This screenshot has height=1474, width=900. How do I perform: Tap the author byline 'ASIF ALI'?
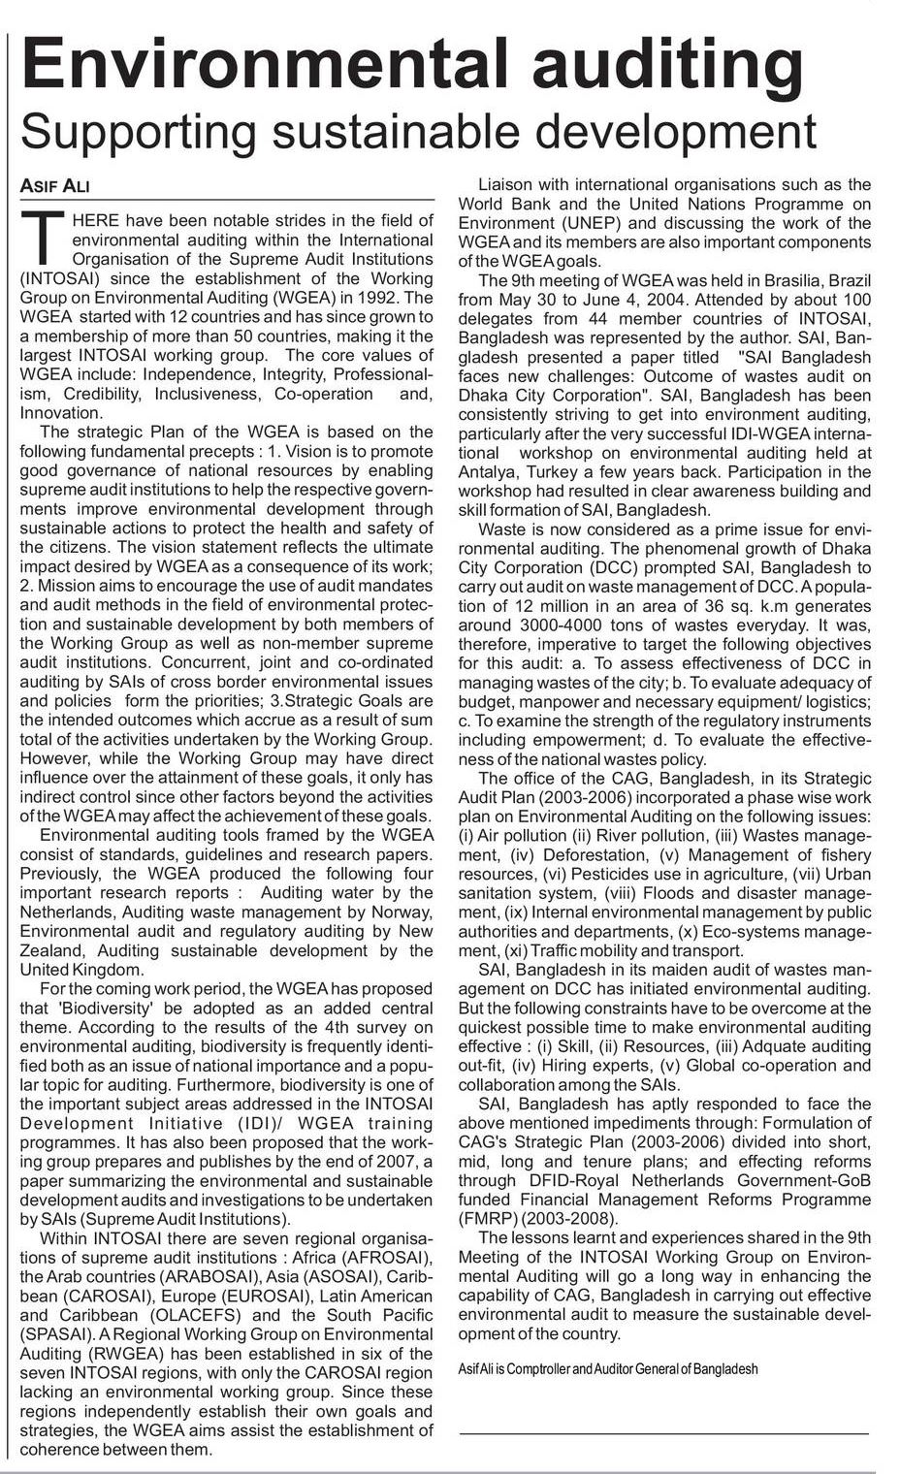[x=55, y=185]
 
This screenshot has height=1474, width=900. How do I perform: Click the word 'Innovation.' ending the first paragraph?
[x=61, y=413]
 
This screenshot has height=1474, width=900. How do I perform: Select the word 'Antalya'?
[x=491, y=472]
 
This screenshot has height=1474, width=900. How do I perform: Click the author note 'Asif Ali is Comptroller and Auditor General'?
[x=608, y=1368]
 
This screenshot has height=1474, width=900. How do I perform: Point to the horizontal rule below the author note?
[x=666, y=1432]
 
